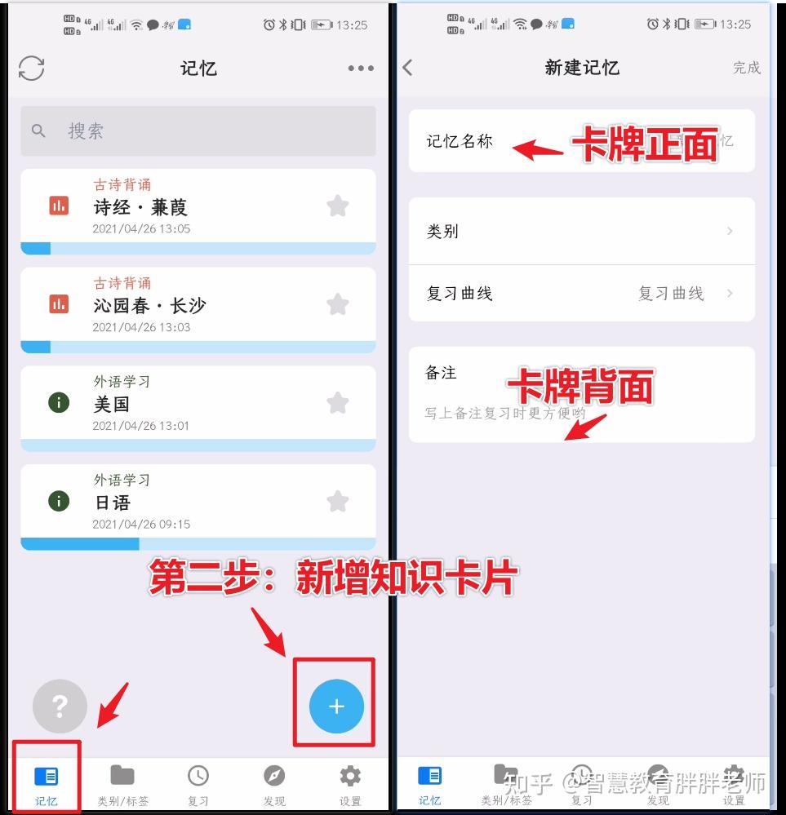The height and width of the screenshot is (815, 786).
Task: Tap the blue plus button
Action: coord(336,706)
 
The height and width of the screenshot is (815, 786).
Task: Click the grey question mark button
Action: coord(60,706)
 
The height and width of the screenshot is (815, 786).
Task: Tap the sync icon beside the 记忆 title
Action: coord(32,69)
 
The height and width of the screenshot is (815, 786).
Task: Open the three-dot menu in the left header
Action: coord(361,69)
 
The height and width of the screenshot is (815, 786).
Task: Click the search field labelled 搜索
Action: coord(198,131)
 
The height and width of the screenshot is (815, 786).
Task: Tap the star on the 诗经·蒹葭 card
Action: coord(338,206)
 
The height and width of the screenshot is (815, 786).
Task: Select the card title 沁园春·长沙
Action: coord(149,306)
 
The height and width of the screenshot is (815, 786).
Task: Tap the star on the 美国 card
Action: coord(338,403)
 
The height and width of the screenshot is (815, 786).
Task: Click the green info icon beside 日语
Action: coord(59,501)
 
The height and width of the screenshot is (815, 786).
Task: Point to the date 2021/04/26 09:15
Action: coord(141,525)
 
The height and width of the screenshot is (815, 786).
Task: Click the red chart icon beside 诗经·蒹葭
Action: coord(59,206)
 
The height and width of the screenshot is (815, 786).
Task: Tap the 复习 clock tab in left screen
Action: coord(198,785)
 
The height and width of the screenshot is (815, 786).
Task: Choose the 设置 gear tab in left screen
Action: coord(350,785)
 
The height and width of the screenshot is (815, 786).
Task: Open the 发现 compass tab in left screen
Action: coord(274,785)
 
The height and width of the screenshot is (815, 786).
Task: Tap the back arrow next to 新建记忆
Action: coord(408,68)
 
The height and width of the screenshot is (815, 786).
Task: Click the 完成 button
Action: coord(746,68)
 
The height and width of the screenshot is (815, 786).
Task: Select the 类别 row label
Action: coord(442,232)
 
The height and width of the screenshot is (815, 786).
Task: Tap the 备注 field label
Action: coord(441,373)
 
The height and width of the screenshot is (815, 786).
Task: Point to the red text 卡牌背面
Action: coord(580,386)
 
